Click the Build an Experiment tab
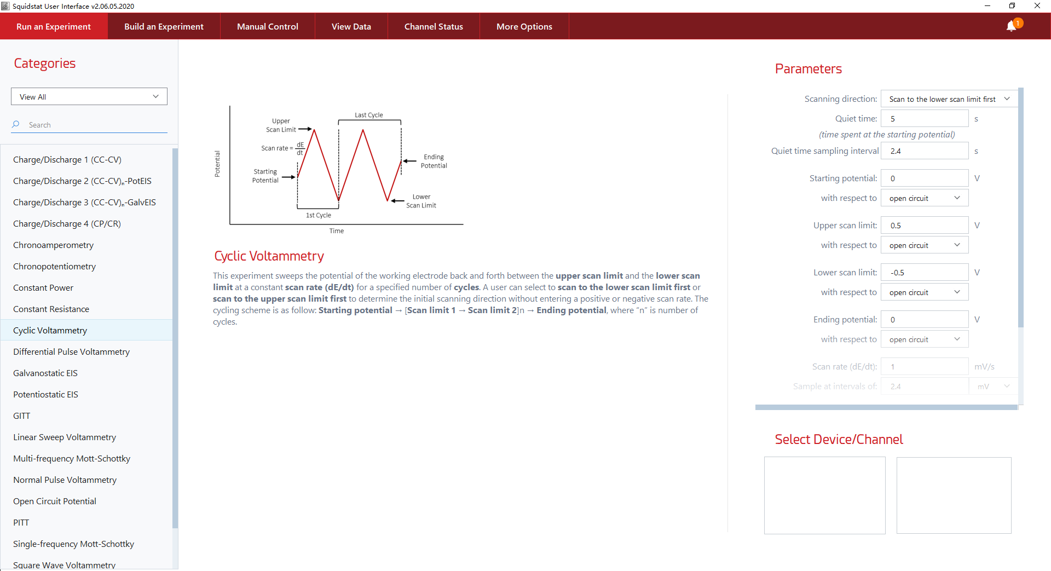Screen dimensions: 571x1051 [164, 26]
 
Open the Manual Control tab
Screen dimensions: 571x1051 [267, 26]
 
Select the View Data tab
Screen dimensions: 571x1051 [351, 26]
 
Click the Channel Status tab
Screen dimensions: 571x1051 [434, 26]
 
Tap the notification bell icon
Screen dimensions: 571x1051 [1011, 26]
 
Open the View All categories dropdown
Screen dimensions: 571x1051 [89, 96]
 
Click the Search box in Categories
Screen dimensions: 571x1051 [93, 125]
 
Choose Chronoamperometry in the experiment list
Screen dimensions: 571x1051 [53, 245]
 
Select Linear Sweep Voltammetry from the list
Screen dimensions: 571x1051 [65, 437]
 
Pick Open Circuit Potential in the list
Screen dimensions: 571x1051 [55, 501]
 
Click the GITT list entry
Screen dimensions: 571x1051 [22, 416]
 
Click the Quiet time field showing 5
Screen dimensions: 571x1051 [924, 119]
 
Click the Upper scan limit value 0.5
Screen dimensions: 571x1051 [924, 226]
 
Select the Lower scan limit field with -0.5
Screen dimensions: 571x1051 [924, 273]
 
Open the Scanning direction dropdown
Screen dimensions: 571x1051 [949, 99]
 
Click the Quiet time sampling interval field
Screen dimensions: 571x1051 [924, 151]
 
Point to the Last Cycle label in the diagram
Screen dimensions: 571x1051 [368, 115]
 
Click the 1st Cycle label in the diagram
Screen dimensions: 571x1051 [318, 215]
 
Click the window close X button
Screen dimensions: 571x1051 [1037, 6]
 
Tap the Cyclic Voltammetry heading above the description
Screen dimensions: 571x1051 [269, 256]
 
